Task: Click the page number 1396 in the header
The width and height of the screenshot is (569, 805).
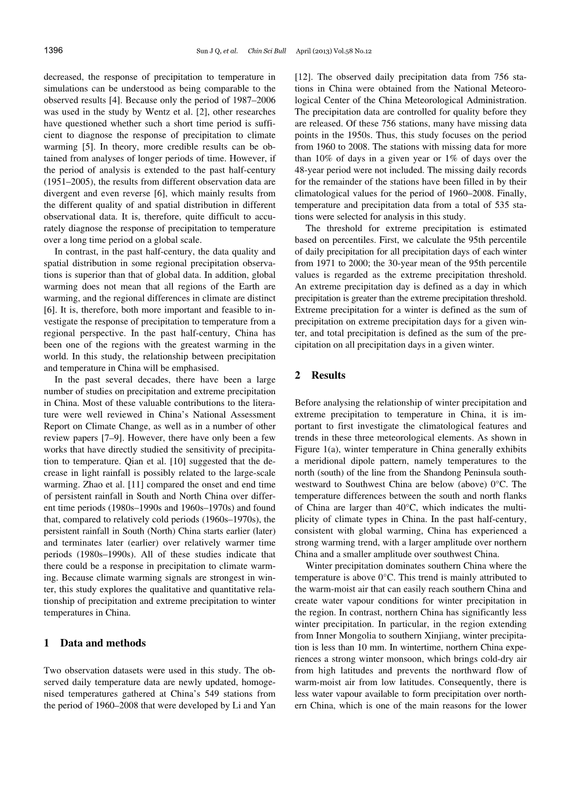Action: pyautogui.click(x=54, y=50)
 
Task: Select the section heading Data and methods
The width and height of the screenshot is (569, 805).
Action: pyautogui.click(x=103, y=643)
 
